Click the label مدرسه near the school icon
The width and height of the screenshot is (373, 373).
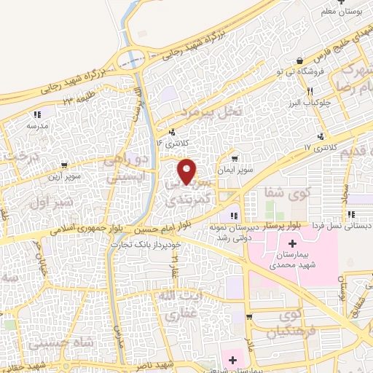[x=36, y=125]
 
